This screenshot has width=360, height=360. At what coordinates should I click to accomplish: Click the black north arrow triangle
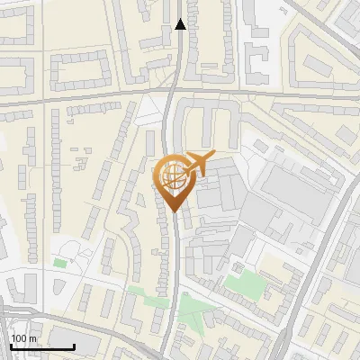tap(180, 24)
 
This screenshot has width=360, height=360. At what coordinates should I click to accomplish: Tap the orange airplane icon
tap(198, 163)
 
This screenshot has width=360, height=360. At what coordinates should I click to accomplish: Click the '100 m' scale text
tap(23, 338)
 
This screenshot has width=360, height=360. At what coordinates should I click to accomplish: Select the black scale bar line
tap(42, 346)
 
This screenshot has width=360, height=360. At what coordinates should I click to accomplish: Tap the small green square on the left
tap(59, 263)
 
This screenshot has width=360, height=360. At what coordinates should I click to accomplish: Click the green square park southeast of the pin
tap(240, 283)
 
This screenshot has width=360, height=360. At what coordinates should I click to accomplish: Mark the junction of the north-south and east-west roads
tap(172, 92)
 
